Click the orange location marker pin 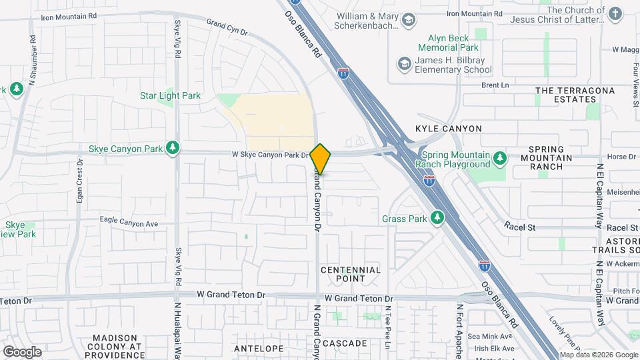coord(321,159)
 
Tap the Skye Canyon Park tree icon coord(173,148)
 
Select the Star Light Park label coord(170,95)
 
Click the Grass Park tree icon coord(437,218)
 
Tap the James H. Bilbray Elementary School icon coord(403,64)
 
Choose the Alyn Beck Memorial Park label coord(448,43)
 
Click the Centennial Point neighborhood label coord(351,274)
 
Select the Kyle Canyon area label coord(449,128)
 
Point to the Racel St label coord(520,227)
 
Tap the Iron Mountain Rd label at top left coord(69,15)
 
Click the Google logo coord(23,351)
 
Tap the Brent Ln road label coord(495,85)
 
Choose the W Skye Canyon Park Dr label coord(270,155)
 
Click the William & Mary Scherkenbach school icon coord(409,22)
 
